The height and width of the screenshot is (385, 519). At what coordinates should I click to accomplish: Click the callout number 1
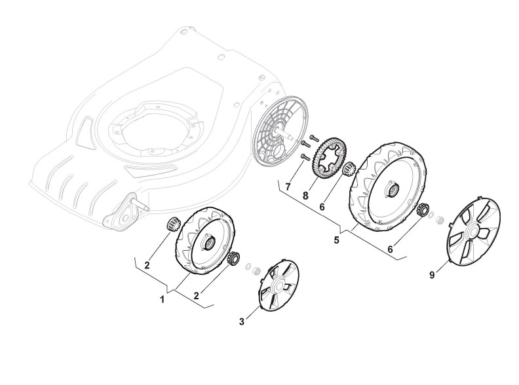point(163,300)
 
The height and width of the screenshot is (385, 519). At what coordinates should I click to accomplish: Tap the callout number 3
point(242,321)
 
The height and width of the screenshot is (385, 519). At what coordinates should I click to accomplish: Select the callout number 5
point(337,240)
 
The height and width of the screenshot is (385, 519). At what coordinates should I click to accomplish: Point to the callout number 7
point(287,187)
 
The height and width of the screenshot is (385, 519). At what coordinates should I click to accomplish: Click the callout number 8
point(305,196)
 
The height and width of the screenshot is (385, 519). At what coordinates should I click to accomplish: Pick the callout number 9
point(432,275)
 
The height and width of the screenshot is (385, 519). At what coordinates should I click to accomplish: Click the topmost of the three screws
point(313,137)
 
